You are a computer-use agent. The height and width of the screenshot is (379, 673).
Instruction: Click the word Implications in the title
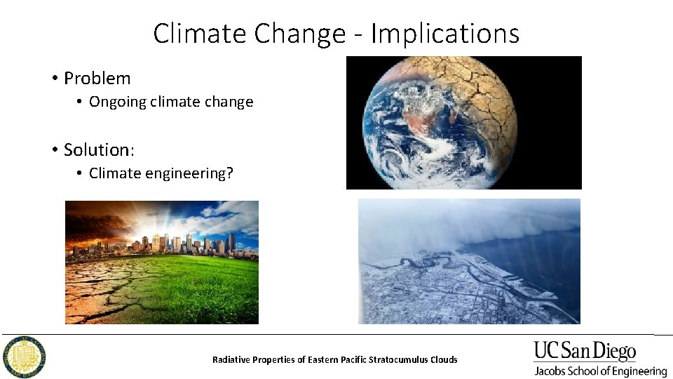[x=445, y=34]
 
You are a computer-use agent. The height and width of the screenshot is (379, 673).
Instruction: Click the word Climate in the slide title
[x=190, y=33]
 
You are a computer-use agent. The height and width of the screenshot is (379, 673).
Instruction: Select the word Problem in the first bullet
[x=97, y=78]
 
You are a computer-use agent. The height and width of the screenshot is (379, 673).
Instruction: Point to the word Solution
[x=96, y=149]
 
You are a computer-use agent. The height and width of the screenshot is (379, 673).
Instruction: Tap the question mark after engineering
[x=230, y=173]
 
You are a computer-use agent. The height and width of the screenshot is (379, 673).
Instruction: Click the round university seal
[x=26, y=356]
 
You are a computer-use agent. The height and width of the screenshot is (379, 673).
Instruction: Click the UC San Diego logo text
[x=585, y=351]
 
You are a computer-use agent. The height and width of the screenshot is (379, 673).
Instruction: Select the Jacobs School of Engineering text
[x=600, y=371]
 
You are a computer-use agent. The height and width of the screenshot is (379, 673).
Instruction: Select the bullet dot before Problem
[x=54, y=78]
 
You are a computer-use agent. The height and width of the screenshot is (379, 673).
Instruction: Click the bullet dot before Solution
[x=54, y=149]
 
